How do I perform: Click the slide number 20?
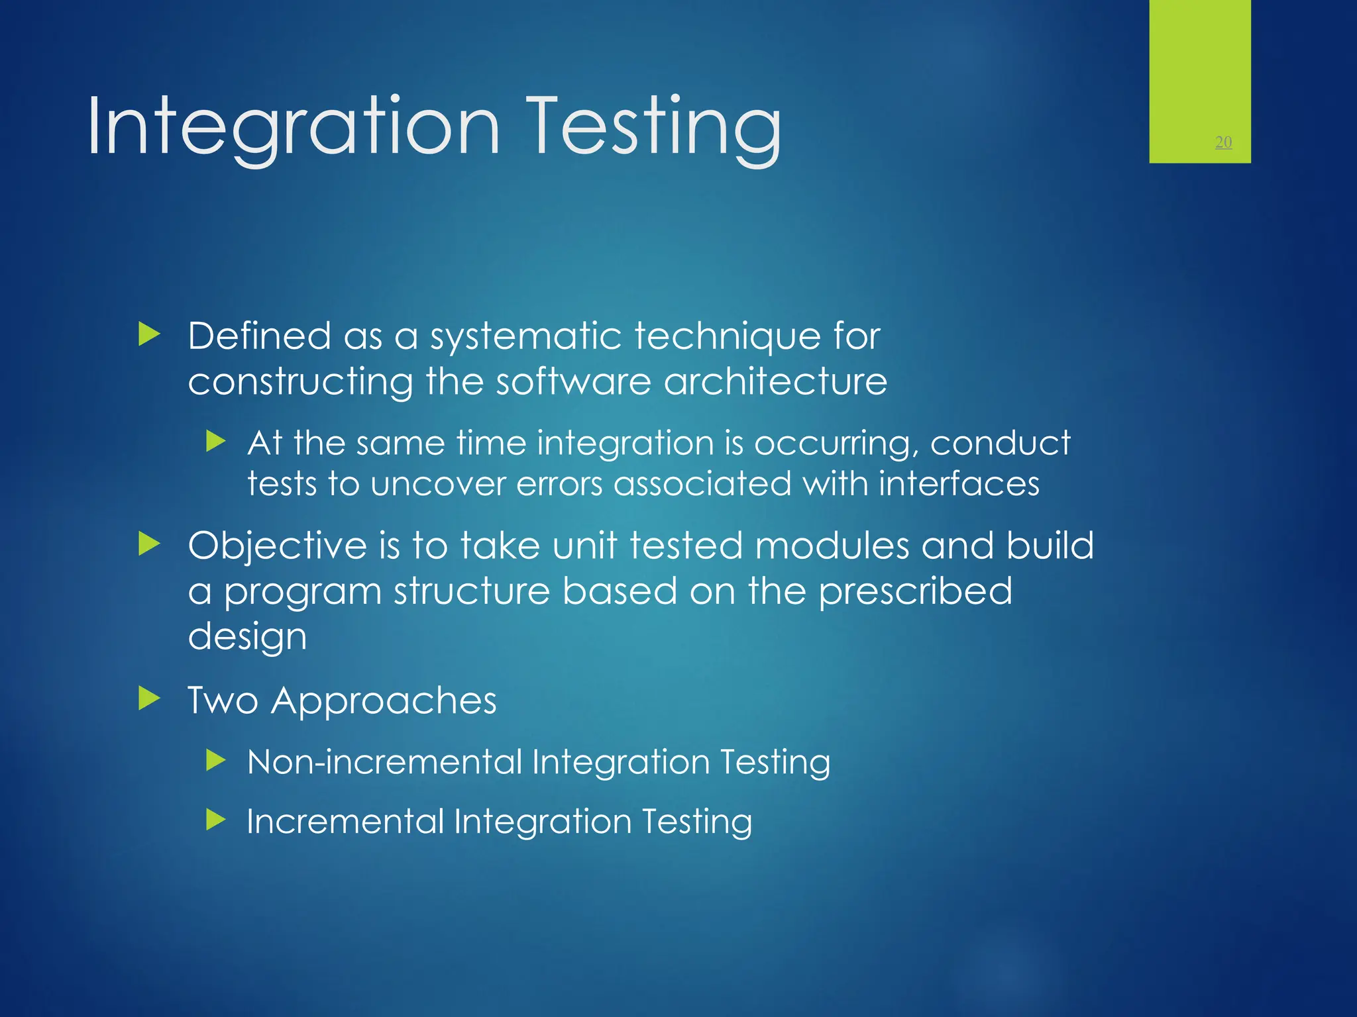tap(1223, 142)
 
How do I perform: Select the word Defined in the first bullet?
tap(259, 336)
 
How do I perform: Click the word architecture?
tap(775, 382)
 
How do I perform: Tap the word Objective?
tap(277, 547)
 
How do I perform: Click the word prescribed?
tap(915, 591)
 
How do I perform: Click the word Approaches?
tap(384, 701)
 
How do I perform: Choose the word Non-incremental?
tap(384, 762)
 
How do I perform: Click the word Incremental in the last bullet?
tap(345, 822)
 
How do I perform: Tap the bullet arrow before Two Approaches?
tap(150, 699)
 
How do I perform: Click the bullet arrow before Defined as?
tap(150, 334)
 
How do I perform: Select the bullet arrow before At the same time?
tap(216, 441)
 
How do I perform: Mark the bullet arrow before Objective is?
tap(150, 544)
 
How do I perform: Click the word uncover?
tap(438, 484)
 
